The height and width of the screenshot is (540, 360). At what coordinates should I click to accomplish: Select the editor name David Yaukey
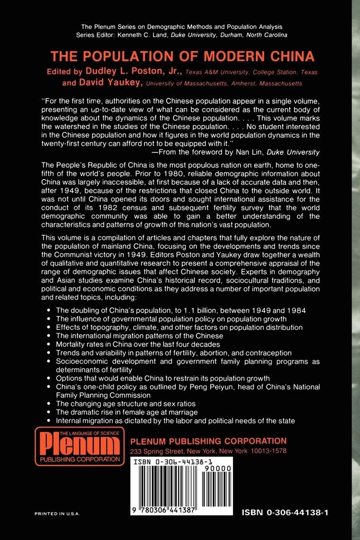point(110,83)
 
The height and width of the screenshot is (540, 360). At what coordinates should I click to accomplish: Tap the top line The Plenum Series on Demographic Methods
point(182,26)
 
